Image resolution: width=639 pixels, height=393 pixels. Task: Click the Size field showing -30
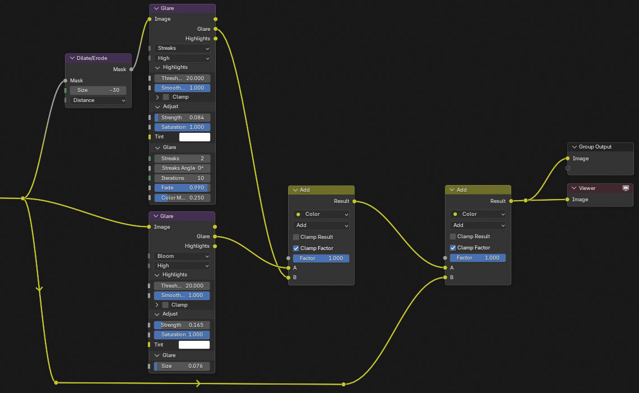(98, 90)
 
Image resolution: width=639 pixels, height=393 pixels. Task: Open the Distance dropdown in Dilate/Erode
(98, 100)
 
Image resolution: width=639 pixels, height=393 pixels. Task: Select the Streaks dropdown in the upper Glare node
(182, 48)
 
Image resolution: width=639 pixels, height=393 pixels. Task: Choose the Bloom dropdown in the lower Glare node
(182, 256)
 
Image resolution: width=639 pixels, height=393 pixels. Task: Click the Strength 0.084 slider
(182, 117)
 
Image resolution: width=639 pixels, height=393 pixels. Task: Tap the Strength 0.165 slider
(182, 325)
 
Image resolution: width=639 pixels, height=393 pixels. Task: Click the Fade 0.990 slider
(182, 188)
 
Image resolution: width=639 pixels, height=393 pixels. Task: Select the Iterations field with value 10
(182, 178)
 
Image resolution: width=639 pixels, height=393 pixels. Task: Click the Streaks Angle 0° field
(182, 168)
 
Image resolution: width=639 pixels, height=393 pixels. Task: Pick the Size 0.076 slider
(182, 366)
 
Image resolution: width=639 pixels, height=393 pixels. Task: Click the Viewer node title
(587, 188)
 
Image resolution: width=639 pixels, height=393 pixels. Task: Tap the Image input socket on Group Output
(568, 159)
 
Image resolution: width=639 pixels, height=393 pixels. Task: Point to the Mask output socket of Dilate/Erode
(131, 70)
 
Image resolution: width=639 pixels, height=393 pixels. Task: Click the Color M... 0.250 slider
(182, 198)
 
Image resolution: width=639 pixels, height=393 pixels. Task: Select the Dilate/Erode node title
(92, 58)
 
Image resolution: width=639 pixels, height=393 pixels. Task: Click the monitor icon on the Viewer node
(626, 188)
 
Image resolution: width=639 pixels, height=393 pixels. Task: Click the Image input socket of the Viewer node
(568, 200)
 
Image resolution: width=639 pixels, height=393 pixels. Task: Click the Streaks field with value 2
(182, 158)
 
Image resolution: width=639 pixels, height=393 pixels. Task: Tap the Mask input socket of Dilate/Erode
(65, 81)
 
